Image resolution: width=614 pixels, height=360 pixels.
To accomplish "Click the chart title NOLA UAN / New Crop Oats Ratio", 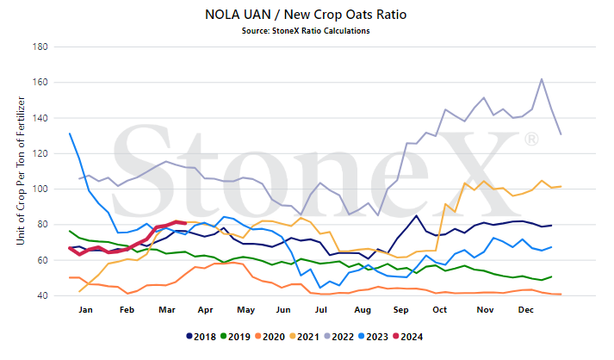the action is [x=306, y=15].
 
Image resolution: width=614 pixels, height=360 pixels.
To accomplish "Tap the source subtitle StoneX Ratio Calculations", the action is [x=306, y=31].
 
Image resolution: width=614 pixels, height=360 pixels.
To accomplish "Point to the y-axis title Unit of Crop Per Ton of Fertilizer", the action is [x=21, y=171].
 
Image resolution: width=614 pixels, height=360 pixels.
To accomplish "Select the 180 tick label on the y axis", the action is [x=40, y=47].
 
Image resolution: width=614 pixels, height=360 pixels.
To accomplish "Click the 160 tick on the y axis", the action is [x=40, y=83].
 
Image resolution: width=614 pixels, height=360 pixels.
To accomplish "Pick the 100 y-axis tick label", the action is [x=40, y=189].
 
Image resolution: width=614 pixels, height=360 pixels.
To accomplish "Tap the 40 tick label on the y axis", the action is [x=42, y=295].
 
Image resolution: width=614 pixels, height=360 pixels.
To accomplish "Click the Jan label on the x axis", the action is [x=86, y=310].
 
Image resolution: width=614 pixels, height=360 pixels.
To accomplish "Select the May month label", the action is [x=246, y=310].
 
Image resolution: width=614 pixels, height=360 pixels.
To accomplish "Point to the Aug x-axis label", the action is [x=363, y=310].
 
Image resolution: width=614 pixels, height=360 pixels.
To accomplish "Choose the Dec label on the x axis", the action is [x=526, y=310].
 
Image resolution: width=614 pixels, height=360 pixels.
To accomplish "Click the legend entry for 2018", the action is [x=202, y=337].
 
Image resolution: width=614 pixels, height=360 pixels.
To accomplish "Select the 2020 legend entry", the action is [x=270, y=337].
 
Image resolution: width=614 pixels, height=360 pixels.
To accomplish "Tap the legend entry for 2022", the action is [x=339, y=337].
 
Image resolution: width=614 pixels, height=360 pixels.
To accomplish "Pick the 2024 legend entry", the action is [x=408, y=337].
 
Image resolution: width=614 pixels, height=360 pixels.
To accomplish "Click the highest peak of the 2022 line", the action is [x=542, y=79].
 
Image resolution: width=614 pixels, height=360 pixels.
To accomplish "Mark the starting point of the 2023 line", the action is [x=70, y=133].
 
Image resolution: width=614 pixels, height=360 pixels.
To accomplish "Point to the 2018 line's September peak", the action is [x=416, y=215].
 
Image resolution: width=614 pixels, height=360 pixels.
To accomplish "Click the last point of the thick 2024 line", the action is [x=185, y=223].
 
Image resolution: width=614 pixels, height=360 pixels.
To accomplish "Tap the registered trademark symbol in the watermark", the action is [x=531, y=139].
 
